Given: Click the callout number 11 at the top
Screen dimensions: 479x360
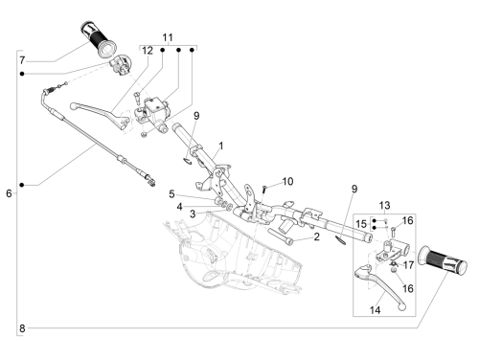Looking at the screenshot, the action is point(168,37).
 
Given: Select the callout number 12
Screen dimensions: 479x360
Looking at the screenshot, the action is point(148,51).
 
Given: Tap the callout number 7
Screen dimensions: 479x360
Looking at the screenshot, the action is point(22,60).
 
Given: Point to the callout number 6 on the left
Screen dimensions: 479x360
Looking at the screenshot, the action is point(9,193).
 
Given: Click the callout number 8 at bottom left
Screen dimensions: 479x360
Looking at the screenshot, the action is point(22,328).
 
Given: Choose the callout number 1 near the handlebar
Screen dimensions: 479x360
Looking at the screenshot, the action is point(221,146).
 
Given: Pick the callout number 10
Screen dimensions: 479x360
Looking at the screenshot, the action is point(287,181).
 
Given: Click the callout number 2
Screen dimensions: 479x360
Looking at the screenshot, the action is point(316,236).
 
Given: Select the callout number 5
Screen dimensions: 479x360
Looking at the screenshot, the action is point(171,193).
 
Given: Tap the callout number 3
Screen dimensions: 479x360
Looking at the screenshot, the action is point(193,214).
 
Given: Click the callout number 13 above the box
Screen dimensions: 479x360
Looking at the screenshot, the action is point(384,205).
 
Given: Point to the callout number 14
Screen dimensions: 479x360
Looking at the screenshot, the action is point(376,310).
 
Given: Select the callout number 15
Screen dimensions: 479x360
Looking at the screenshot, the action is point(361,224).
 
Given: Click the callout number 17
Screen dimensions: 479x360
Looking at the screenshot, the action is point(408,265).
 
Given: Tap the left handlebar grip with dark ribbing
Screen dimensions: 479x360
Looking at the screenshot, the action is point(99,40).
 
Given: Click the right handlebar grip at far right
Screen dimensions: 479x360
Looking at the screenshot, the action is point(443,261).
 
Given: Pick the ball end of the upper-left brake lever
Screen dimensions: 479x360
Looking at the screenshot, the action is point(73,105).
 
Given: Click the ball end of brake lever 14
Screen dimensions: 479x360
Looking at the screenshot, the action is point(402,307).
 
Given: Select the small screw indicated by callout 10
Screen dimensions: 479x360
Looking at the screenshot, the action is point(264,189).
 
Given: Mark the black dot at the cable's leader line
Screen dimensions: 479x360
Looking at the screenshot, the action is point(22,185).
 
